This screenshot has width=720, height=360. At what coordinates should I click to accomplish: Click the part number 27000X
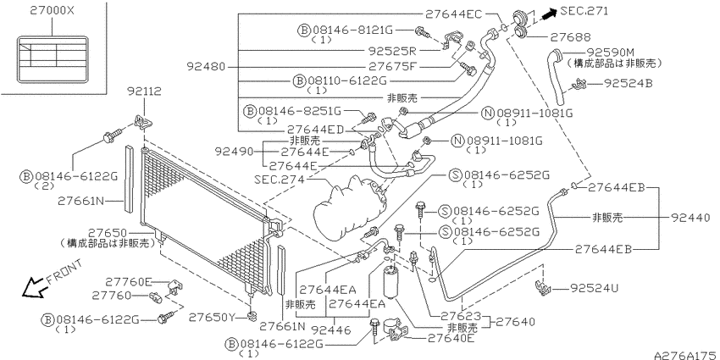(x=52, y=11)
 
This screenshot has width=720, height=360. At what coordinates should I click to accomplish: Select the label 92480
(x=206, y=67)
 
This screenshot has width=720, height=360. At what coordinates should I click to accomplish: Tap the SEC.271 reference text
(x=584, y=11)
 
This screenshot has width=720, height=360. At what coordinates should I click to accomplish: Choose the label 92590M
(x=610, y=53)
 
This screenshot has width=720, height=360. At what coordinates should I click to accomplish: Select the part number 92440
(x=690, y=218)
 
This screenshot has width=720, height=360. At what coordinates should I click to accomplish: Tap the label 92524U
(x=594, y=288)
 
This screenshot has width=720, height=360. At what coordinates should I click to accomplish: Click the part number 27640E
(x=451, y=339)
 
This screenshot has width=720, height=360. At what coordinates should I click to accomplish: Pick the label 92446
(x=330, y=330)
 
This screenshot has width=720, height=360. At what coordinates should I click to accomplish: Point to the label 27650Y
(x=212, y=317)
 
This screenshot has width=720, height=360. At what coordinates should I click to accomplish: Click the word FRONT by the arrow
(x=64, y=271)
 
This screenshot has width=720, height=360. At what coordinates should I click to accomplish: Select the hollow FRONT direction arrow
(x=34, y=287)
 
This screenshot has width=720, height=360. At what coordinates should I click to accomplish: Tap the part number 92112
(x=145, y=91)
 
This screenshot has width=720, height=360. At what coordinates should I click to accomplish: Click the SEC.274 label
(x=280, y=180)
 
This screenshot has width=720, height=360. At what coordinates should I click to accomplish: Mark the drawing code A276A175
(x=686, y=355)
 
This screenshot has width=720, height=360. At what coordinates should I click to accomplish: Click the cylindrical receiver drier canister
(x=391, y=281)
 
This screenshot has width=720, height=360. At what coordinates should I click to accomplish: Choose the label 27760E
(x=129, y=281)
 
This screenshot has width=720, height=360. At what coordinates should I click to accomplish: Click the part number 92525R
(x=391, y=51)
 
